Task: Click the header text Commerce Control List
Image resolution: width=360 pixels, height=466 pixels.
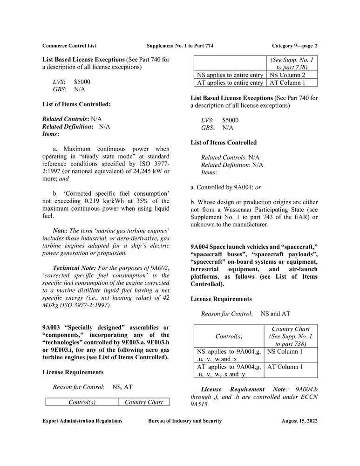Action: [x=69, y=46]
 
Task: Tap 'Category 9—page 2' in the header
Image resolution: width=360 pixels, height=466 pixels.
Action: [x=294, y=46]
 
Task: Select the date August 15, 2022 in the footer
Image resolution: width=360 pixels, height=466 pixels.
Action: [x=299, y=421]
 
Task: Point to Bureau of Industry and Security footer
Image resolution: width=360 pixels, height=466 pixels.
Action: [x=185, y=421]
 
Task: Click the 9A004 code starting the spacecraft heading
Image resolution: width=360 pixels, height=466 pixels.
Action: [x=201, y=247]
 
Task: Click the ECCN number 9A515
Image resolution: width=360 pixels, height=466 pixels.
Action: [x=201, y=404]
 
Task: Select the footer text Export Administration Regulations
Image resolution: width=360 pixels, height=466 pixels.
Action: [x=82, y=421]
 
